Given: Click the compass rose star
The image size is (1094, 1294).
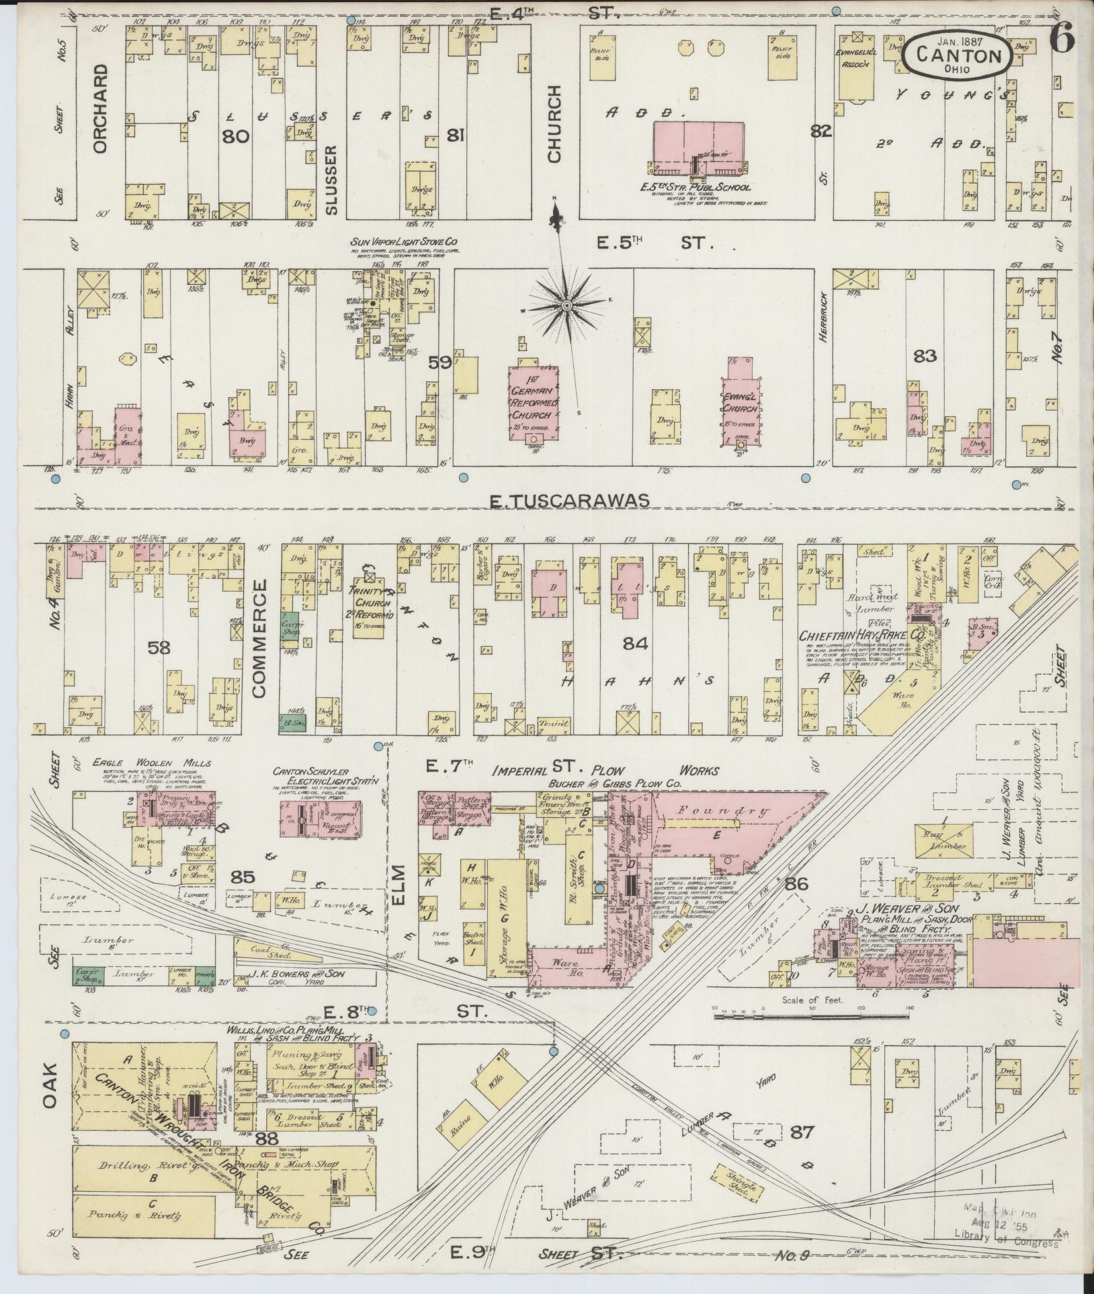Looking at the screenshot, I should pos(566,306).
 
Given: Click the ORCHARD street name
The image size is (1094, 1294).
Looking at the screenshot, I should pos(101,109).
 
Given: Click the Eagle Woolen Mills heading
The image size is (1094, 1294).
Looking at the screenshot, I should pos(152,763).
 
